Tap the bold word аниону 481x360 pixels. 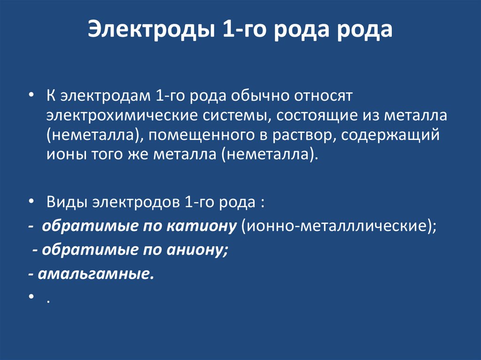pos(195,250)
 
